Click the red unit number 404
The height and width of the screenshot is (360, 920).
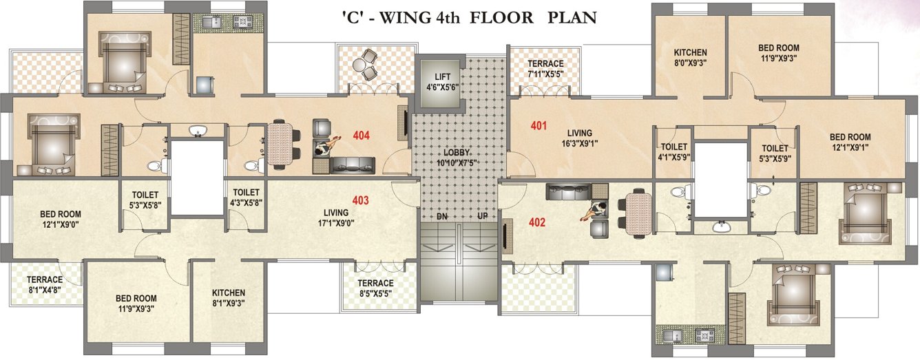pyautogui.click(x=361, y=136)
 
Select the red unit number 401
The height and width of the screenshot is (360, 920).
pyautogui.click(x=539, y=126)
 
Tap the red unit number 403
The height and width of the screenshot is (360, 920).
pyautogui.click(x=361, y=200)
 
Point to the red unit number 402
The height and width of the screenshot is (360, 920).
pyautogui.click(x=537, y=222)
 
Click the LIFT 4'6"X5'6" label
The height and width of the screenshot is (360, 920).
pyautogui.click(x=442, y=82)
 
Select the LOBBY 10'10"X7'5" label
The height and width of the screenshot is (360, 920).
pyautogui.click(x=452, y=156)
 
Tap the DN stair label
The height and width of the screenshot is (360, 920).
pyautogui.click(x=443, y=217)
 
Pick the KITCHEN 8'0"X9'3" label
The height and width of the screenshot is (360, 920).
pyautogui.click(x=690, y=57)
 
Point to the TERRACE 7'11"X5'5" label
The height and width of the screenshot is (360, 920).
pyautogui.click(x=545, y=68)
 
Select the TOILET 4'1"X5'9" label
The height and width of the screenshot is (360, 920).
pyautogui.click(x=673, y=151)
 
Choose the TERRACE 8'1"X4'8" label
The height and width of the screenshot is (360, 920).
pyautogui.click(x=45, y=284)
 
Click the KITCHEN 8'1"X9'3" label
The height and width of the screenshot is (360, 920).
pyautogui.click(x=229, y=297)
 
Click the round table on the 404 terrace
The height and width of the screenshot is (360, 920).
pyautogui.click(x=362, y=65)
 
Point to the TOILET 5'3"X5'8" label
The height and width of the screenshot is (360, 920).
pyautogui.click(x=145, y=200)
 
